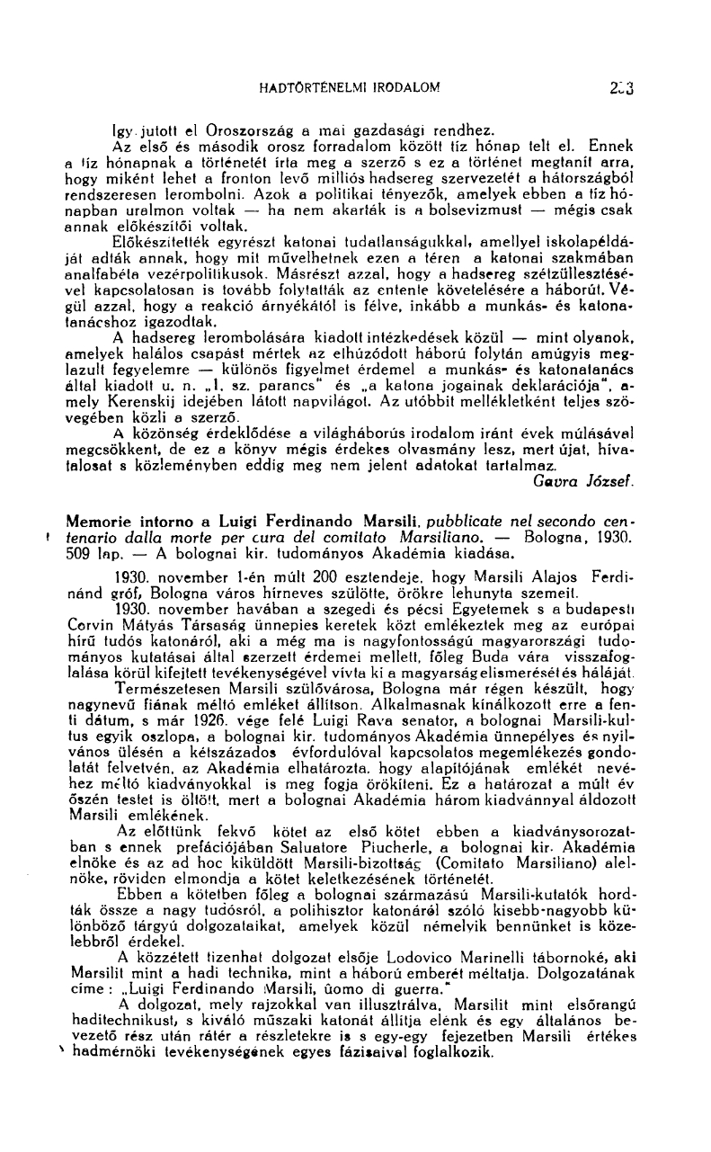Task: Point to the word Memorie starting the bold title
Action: pos(98,522)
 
